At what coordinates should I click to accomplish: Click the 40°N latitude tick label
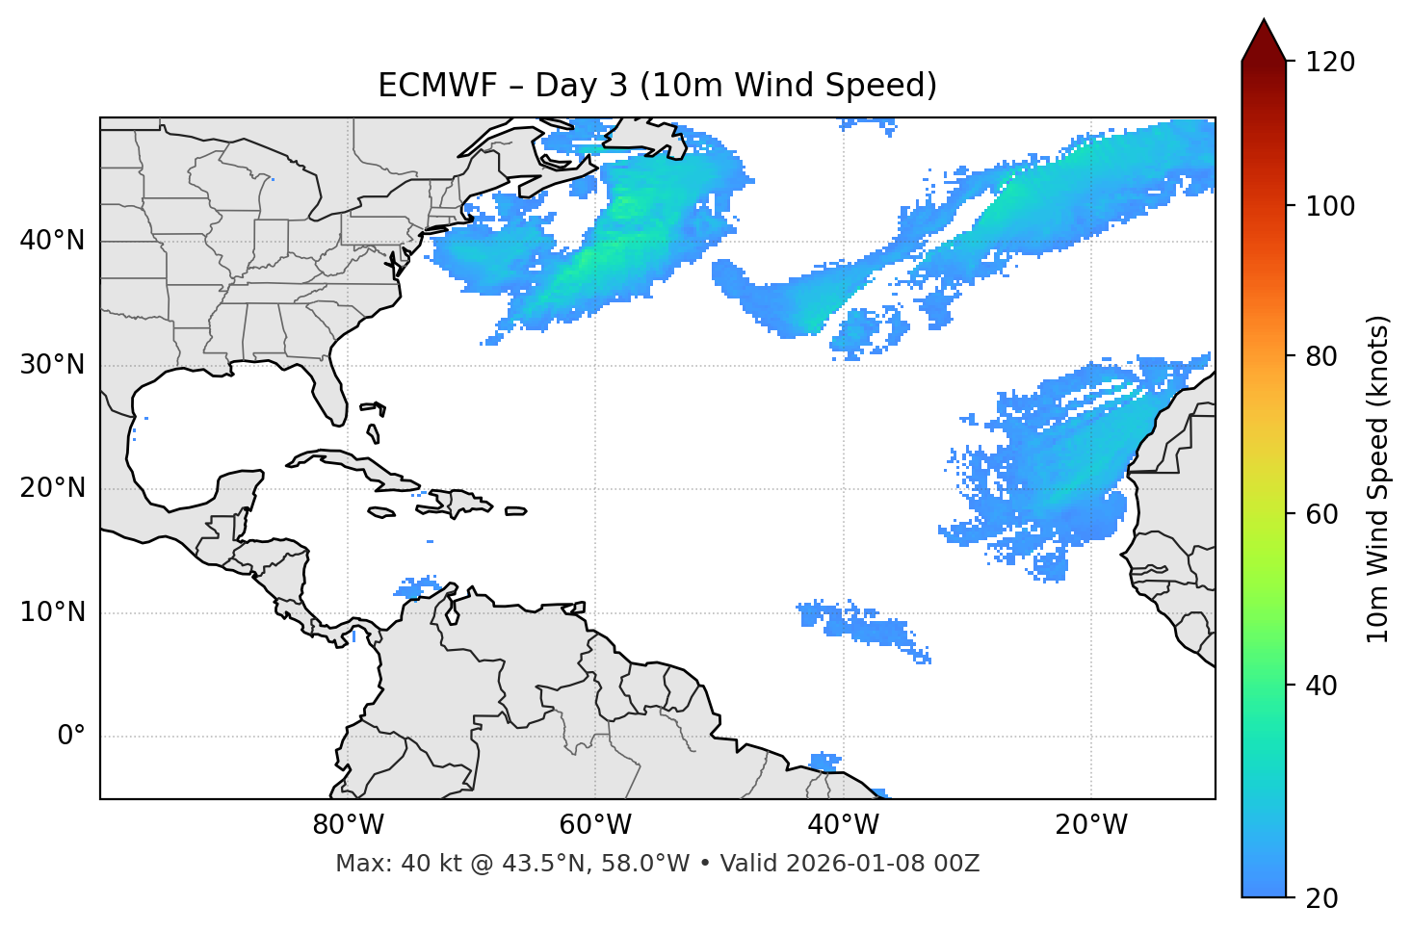(x=52, y=241)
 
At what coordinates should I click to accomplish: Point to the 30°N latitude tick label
(x=52, y=365)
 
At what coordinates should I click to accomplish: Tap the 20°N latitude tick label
(x=52, y=488)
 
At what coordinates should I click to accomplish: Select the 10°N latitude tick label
(x=52, y=612)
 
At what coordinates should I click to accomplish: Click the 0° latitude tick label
(x=71, y=737)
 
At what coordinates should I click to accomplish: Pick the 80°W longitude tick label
(x=348, y=825)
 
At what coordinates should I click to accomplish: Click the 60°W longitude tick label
(x=595, y=825)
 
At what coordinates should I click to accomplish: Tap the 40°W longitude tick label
(x=843, y=825)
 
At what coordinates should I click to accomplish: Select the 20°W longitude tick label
(x=1090, y=825)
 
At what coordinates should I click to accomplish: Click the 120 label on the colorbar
(x=1330, y=63)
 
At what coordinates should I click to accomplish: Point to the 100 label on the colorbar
(x=1330, y=206)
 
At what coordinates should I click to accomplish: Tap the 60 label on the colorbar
(x=1323, y=514)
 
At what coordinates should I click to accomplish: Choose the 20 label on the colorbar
(x=1323, y=898)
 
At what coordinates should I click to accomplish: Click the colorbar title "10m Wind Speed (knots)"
(x=1378, y=479)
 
